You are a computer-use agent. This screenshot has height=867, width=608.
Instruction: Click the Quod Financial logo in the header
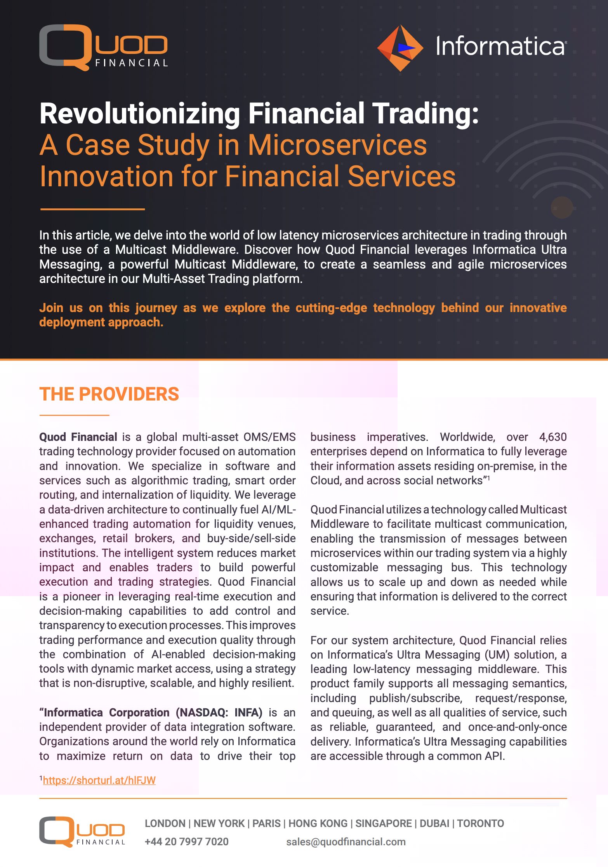103,47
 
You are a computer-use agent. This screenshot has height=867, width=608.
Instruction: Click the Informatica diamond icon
400,48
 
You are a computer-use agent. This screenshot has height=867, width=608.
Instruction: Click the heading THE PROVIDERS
109,394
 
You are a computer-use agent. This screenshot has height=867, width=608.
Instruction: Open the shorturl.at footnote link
99,780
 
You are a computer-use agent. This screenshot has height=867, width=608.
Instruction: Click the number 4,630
552,437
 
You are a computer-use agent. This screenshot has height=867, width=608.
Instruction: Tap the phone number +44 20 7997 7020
186,841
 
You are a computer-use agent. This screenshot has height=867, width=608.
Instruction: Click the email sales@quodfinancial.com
346,841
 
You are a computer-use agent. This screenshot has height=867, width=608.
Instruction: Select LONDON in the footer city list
165,823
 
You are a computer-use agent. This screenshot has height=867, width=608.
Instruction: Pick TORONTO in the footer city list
480,823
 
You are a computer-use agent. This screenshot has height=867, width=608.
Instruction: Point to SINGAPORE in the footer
383,823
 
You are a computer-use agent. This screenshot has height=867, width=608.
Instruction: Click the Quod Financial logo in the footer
82,831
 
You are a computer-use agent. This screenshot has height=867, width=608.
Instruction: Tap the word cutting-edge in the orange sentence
331,308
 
